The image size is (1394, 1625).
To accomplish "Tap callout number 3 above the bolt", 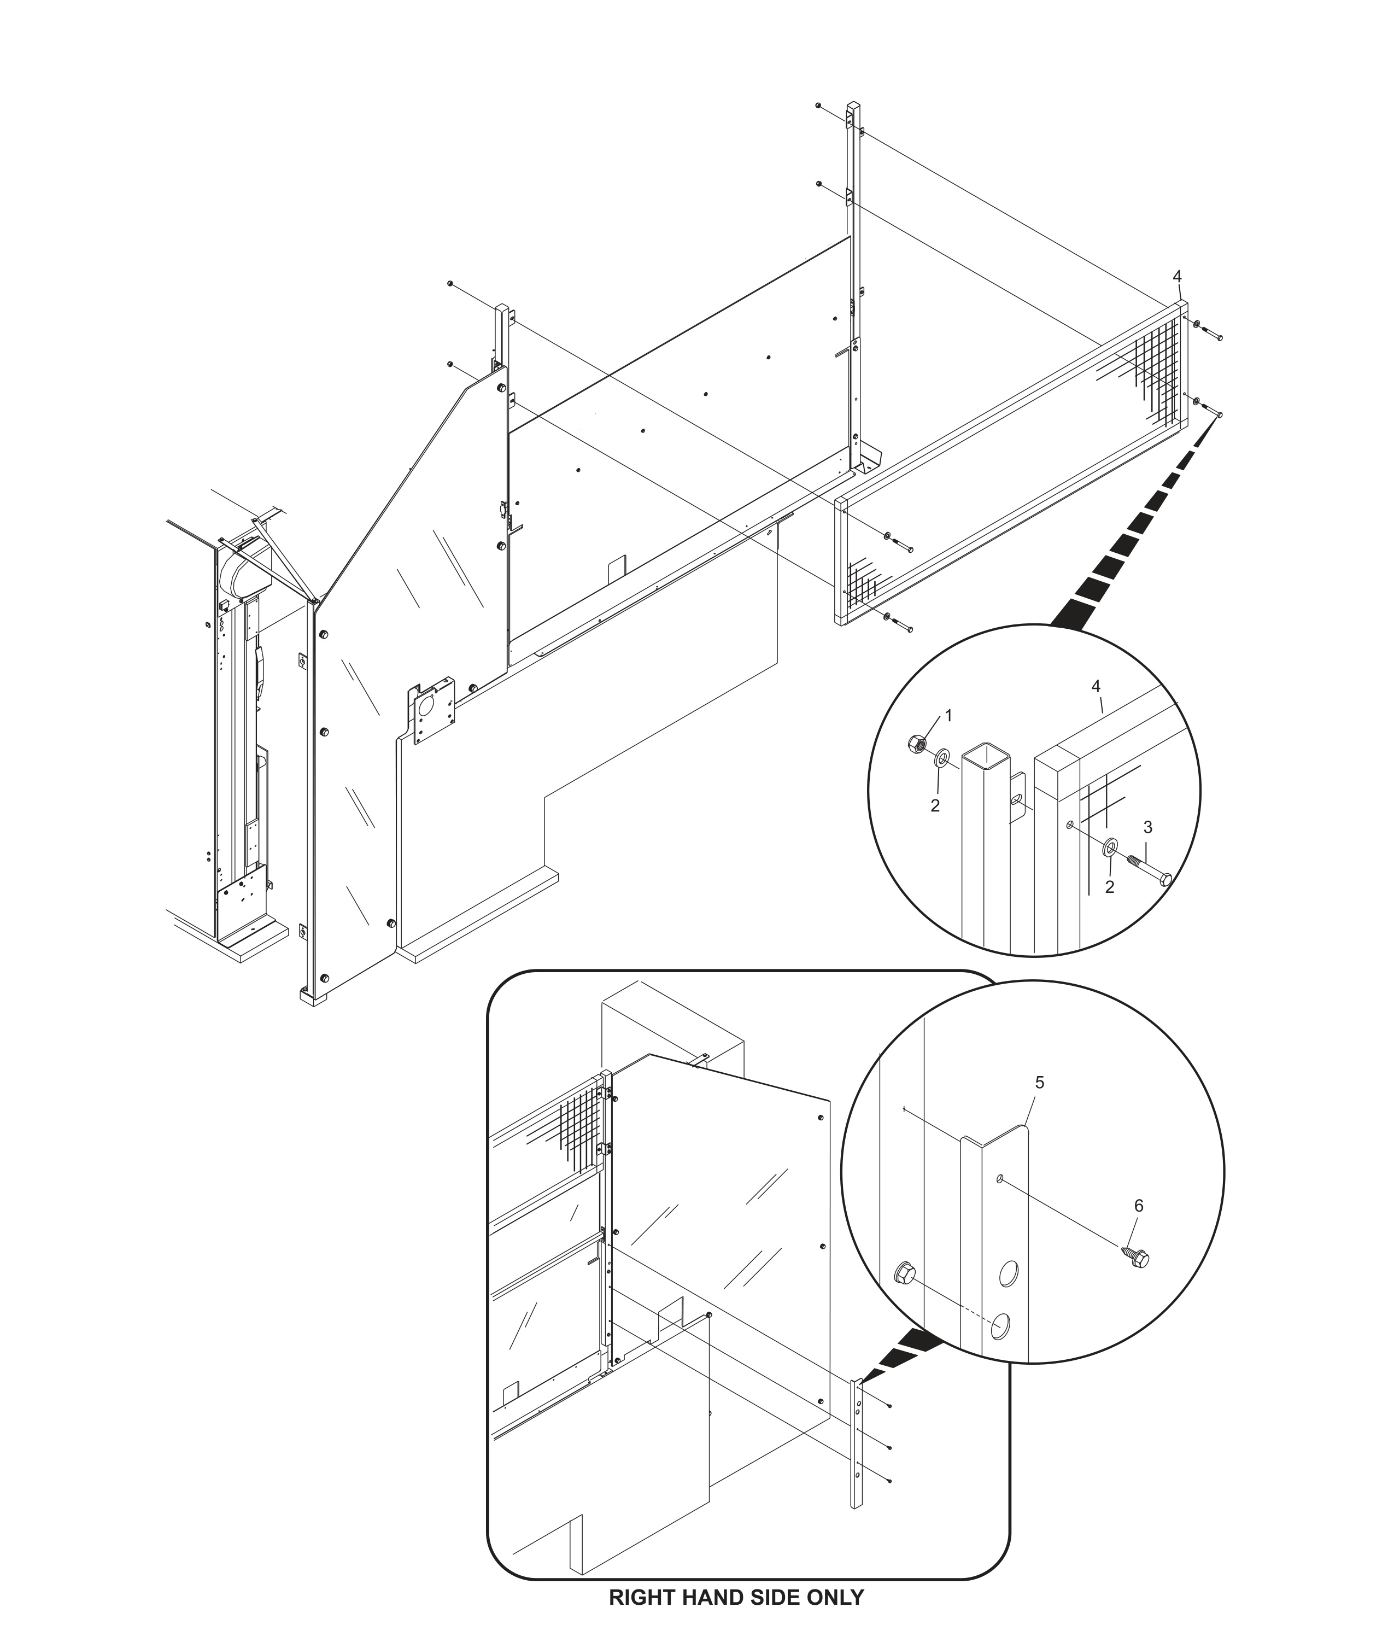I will pyautogui.click(x=1148, y=827).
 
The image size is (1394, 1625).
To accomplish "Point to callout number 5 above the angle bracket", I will pyautogui.click(x=1040, y=1082).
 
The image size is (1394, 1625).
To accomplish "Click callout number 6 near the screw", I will pyautogui.click(x=1138, y=1206).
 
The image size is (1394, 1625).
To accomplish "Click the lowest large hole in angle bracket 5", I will pyautogui.click(x=1000, y=1327).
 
